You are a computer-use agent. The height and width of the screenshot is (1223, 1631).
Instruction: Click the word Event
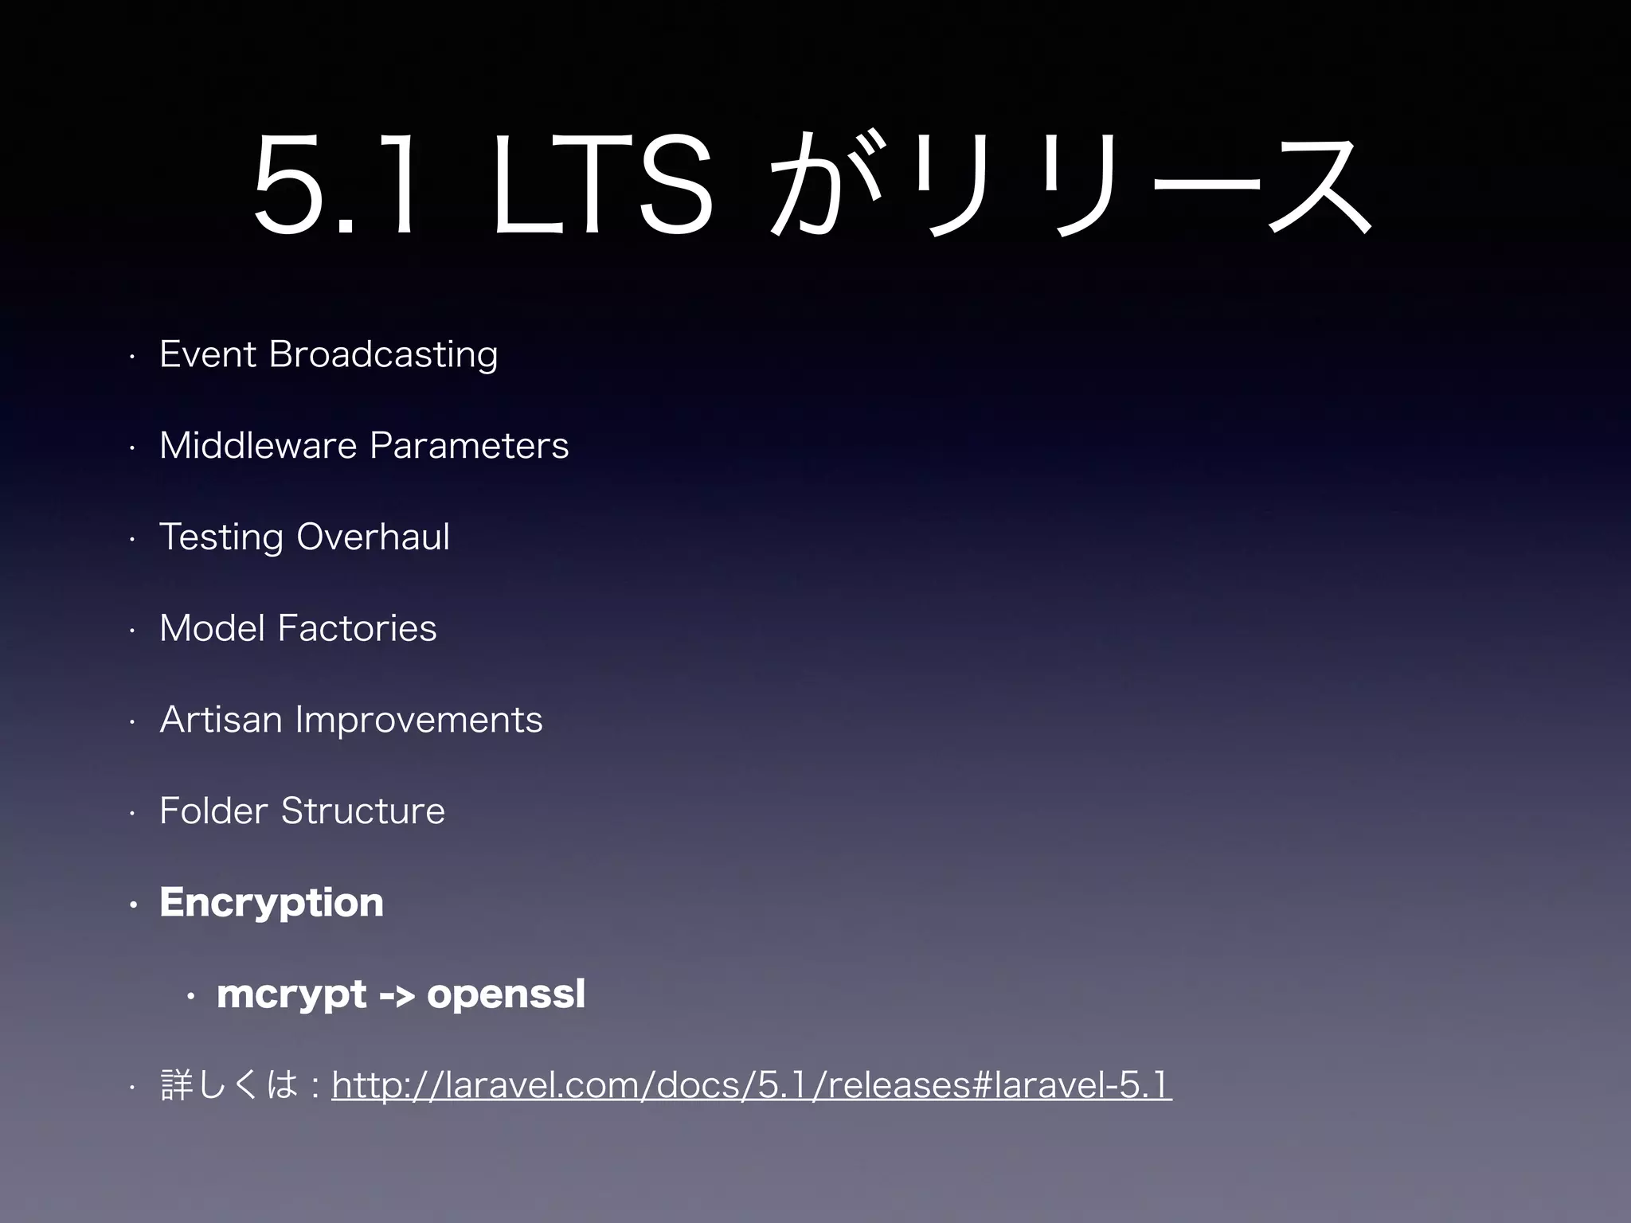[x=208, y=354]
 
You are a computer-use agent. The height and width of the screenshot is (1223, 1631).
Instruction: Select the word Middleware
[x=258, y=445]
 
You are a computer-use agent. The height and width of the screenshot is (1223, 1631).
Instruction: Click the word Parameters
[x=469, y=445]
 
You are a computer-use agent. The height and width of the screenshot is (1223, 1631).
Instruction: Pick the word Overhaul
[x=373, y=537]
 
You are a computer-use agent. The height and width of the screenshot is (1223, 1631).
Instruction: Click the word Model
[x=212, y=628]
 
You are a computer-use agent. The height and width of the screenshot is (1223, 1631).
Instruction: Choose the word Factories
[x=357, y=628]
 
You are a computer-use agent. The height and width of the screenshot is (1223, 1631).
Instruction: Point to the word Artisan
[x=221, y=720]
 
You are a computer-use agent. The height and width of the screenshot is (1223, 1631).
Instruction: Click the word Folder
[x=213, y=811]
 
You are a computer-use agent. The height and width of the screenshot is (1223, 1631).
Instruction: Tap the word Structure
[x=362, y=811]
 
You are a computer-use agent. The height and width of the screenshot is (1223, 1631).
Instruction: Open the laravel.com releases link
[x=751, y=1085]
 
